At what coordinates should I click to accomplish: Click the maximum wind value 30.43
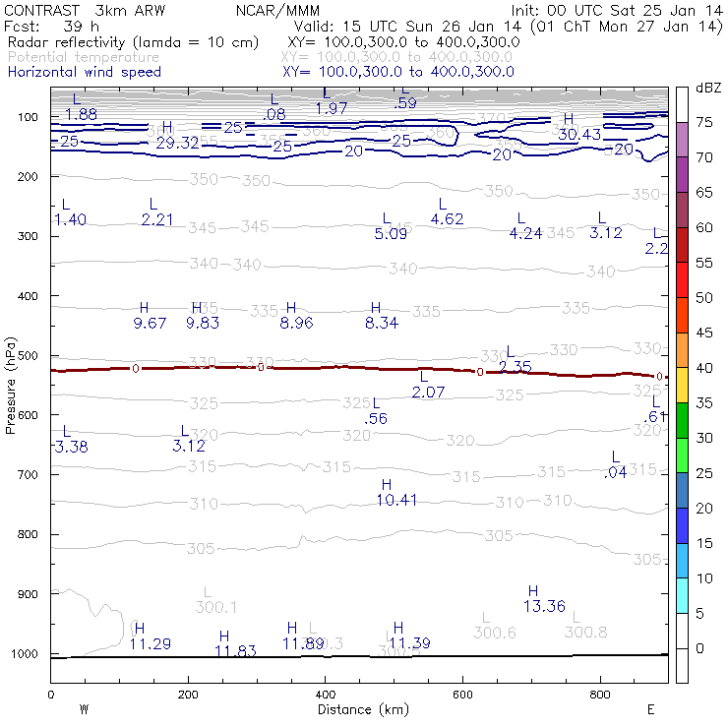[579, 134]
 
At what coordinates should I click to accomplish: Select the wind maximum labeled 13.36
[544, 606]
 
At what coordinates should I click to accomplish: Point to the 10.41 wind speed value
[396, 500]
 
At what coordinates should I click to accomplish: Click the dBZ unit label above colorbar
[707, 89]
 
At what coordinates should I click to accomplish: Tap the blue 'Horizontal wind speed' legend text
[84, 72]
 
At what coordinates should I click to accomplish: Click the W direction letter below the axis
[85, 709]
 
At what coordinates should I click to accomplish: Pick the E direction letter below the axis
[650, 709]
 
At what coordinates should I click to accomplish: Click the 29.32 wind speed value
[177, 143]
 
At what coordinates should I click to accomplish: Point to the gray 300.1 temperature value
[216, 607]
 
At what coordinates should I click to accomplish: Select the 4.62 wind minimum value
[447, 218]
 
